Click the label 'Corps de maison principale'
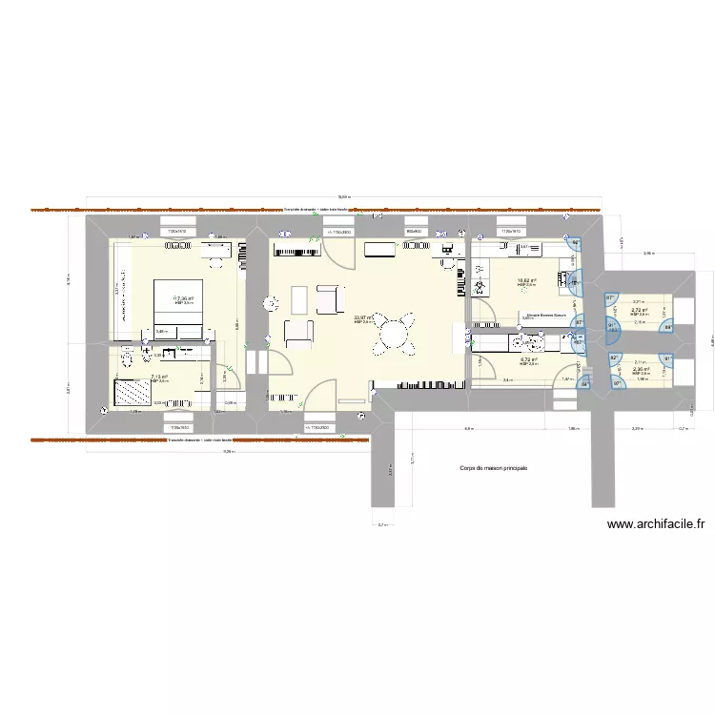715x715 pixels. point(493,468)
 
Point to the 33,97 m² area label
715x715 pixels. point(363,318)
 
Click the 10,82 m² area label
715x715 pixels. point(527,281)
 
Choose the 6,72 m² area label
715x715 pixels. point(529,359)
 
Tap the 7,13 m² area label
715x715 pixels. point(159,377)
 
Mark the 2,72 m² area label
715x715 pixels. point(640,310)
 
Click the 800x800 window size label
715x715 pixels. point(413,232)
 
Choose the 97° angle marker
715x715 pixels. point(608,298)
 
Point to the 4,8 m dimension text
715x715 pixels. point(467,429)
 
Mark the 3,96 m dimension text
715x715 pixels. point(648,254)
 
